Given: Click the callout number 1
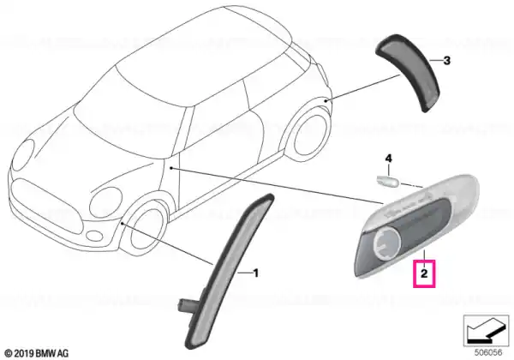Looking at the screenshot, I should (254, 273).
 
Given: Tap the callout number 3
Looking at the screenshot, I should (445, 60).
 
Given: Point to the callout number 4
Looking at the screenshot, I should (387, 159).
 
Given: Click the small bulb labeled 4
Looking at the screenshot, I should (388, 180).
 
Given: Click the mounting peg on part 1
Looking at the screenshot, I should (188, 303).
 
